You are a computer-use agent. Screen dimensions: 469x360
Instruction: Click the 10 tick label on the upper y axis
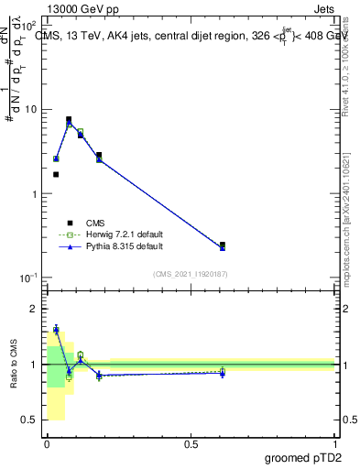(x=30, y=110)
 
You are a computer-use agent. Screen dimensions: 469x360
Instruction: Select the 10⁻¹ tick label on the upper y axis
(x=29, y=278)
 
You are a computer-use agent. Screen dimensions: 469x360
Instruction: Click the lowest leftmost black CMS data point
(x=56, y=174)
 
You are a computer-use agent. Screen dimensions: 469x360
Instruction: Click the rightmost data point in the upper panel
(x=223, y=245)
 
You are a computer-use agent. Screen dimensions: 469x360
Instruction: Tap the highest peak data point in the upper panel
(x=69, y=119)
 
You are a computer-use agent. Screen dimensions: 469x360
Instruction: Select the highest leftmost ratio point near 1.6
(x=56, y=329)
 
